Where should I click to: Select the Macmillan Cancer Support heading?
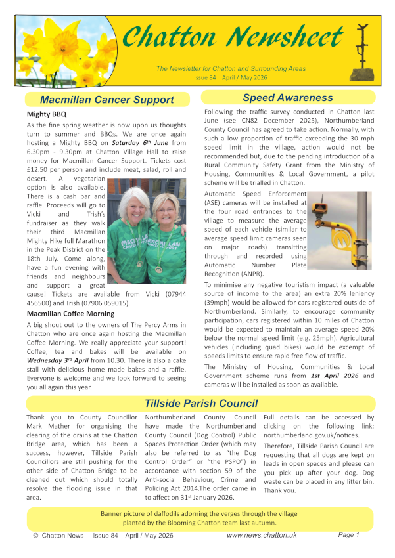pos(106,100)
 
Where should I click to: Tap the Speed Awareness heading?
pos(287,98)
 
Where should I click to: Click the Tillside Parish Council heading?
pos(201,403)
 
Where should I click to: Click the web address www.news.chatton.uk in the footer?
pos(262,536)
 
